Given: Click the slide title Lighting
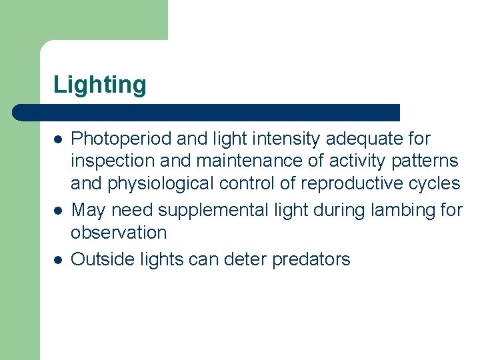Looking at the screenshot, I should pyautogui.click(x=99, y=85).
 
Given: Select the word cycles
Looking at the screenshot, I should pyautogui.click(x=435, y=184).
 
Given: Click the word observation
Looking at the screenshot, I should pyautogui.click(x=119, y=233).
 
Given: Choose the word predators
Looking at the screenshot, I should pyautogui.click(x=311, y=259).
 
